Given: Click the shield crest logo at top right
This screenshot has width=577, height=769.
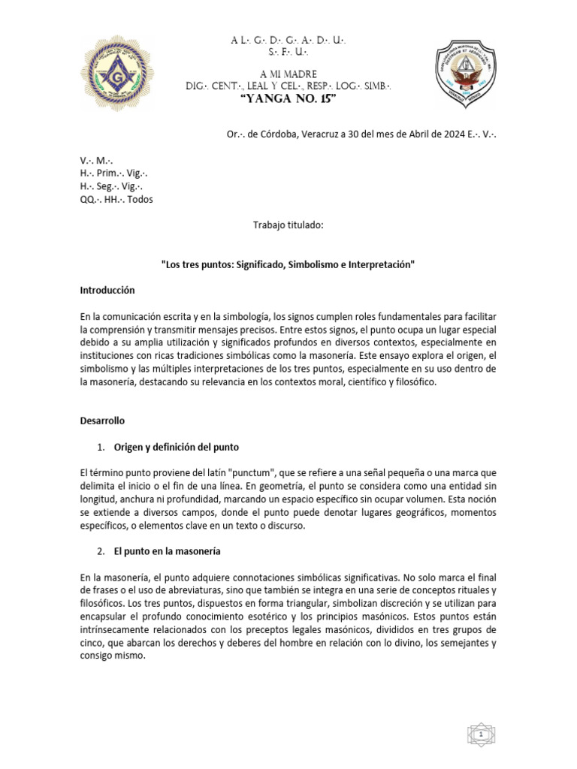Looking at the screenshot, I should [x=467, y=74].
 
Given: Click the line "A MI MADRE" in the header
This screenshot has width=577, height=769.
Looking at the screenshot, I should [x=288, y=74].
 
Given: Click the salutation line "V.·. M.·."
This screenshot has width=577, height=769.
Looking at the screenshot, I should [x=96, y=161].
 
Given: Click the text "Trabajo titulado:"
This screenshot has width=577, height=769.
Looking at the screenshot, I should [x=288, y=225].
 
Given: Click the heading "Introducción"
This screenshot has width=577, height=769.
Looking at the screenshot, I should [x=107, y=289].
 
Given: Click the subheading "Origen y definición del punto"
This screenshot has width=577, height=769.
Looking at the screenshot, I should [x=176, y=448].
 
